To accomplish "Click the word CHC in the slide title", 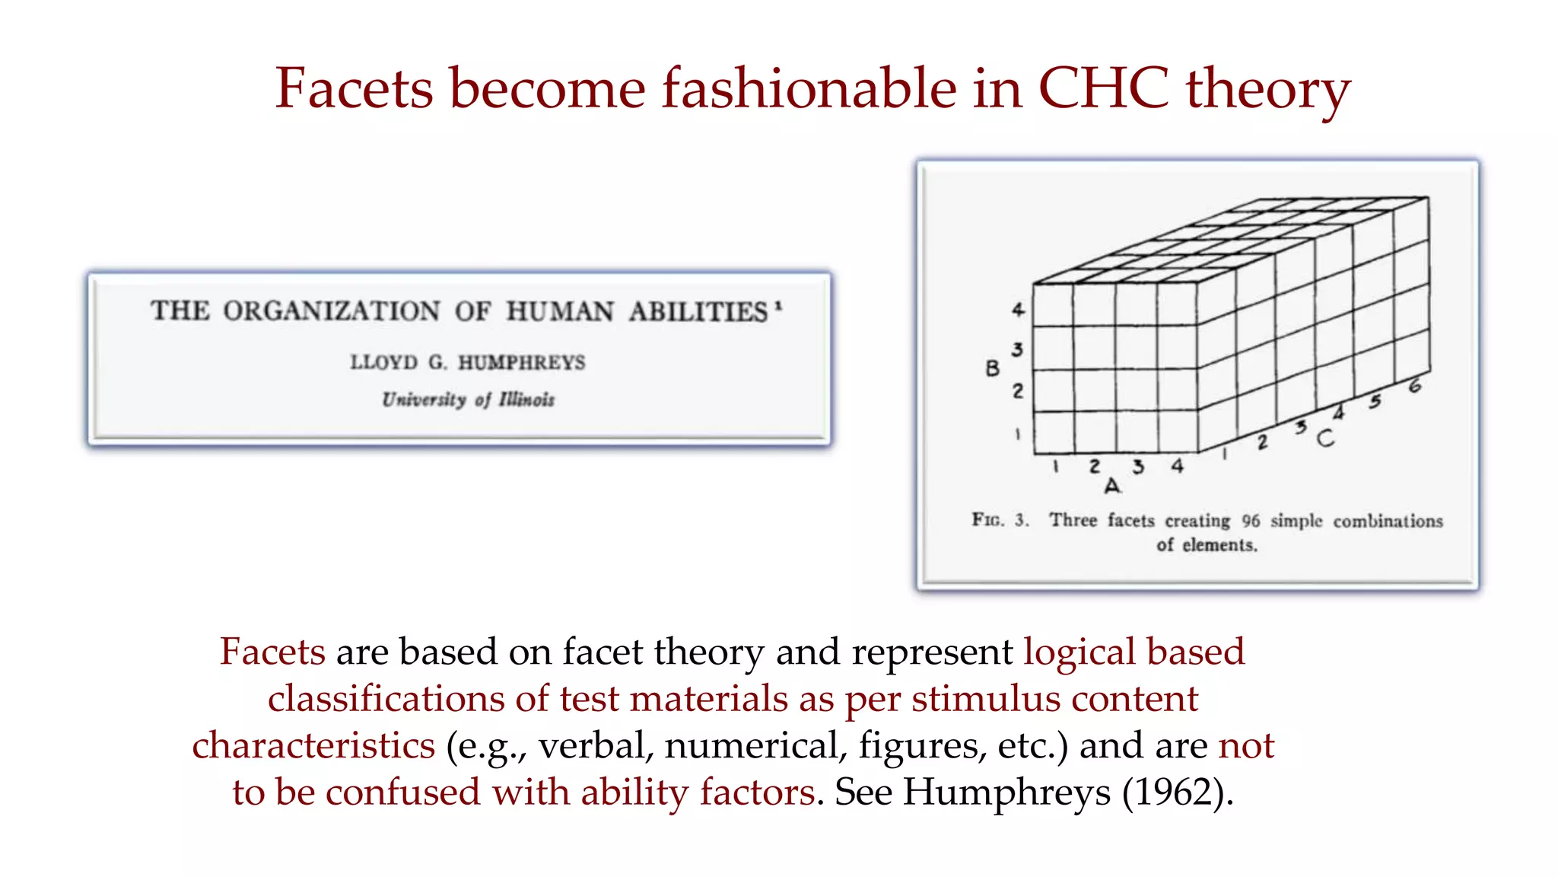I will [1104, 88].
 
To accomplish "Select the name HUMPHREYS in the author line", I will [521, 362].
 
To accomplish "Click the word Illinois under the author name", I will [526, 400].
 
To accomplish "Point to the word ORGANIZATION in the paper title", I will [332, 311].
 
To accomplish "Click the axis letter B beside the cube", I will [992, 368].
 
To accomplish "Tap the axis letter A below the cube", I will [1112, 486].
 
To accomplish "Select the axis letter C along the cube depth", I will [1325, 438].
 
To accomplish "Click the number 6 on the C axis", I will [1414, 386].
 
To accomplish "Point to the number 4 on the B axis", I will [1018, 309].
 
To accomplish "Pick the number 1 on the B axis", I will [1017, 434].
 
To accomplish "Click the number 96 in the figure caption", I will [1251, 521].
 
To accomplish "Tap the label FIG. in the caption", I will [987, 520].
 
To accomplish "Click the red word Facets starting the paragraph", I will [272, 652].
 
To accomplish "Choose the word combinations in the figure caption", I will [1388, 521].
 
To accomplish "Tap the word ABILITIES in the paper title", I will [698, 311].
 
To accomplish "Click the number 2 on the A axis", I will [1095, 466].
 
